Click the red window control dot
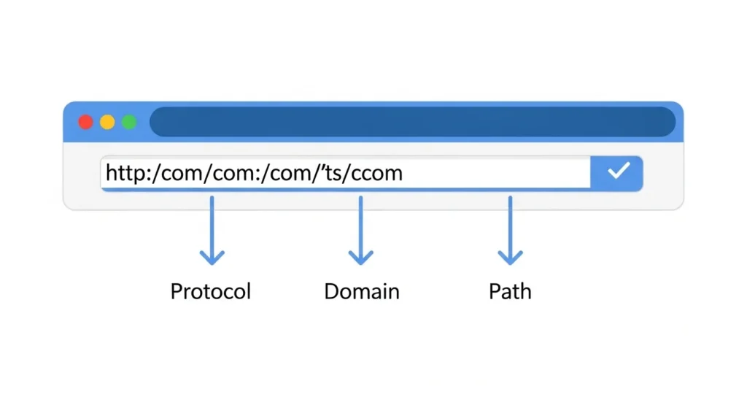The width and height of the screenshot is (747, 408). tap(86, 122)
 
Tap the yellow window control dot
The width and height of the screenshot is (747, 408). tap(107, 122)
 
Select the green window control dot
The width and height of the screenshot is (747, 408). tap(129, 122)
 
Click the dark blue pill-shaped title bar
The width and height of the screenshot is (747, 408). tap(412, 122)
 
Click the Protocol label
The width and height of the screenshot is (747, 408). tap(210, 292)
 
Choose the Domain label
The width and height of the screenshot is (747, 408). tap(362, 292)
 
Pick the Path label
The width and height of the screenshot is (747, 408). tap(510, 292)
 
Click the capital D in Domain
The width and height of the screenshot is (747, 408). tap(331, 292)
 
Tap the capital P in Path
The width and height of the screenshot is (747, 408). tap(495, 292)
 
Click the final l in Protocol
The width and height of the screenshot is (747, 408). tap(248, 291)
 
